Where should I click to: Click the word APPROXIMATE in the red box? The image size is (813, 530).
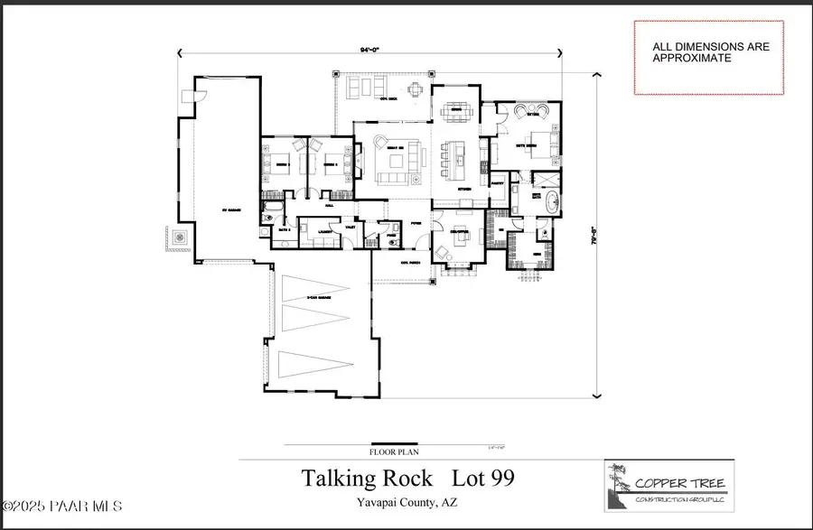(692, 57)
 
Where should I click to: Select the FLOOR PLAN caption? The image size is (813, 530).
(395, 452)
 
